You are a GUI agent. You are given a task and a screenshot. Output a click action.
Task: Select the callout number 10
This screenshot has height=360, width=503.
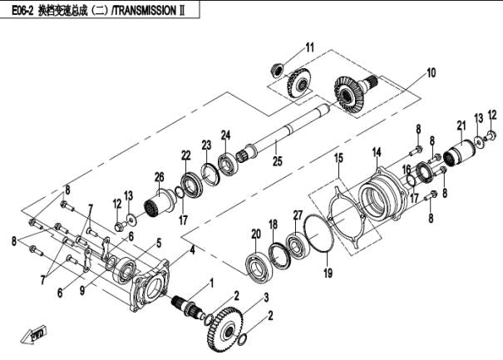(x=431, y=73)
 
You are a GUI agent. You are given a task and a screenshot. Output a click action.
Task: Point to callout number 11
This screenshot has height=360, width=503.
(x=309, y=46)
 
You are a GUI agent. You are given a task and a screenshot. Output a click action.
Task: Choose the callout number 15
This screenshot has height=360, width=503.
(x=338, y=157)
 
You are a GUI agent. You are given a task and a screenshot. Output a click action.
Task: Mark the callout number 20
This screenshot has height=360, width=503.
(x=256, y=234)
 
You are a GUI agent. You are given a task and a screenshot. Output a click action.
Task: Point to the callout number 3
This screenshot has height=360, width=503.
(x=265, y=297)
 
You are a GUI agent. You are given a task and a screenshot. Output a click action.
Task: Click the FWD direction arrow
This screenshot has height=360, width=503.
(x=37, y=334)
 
